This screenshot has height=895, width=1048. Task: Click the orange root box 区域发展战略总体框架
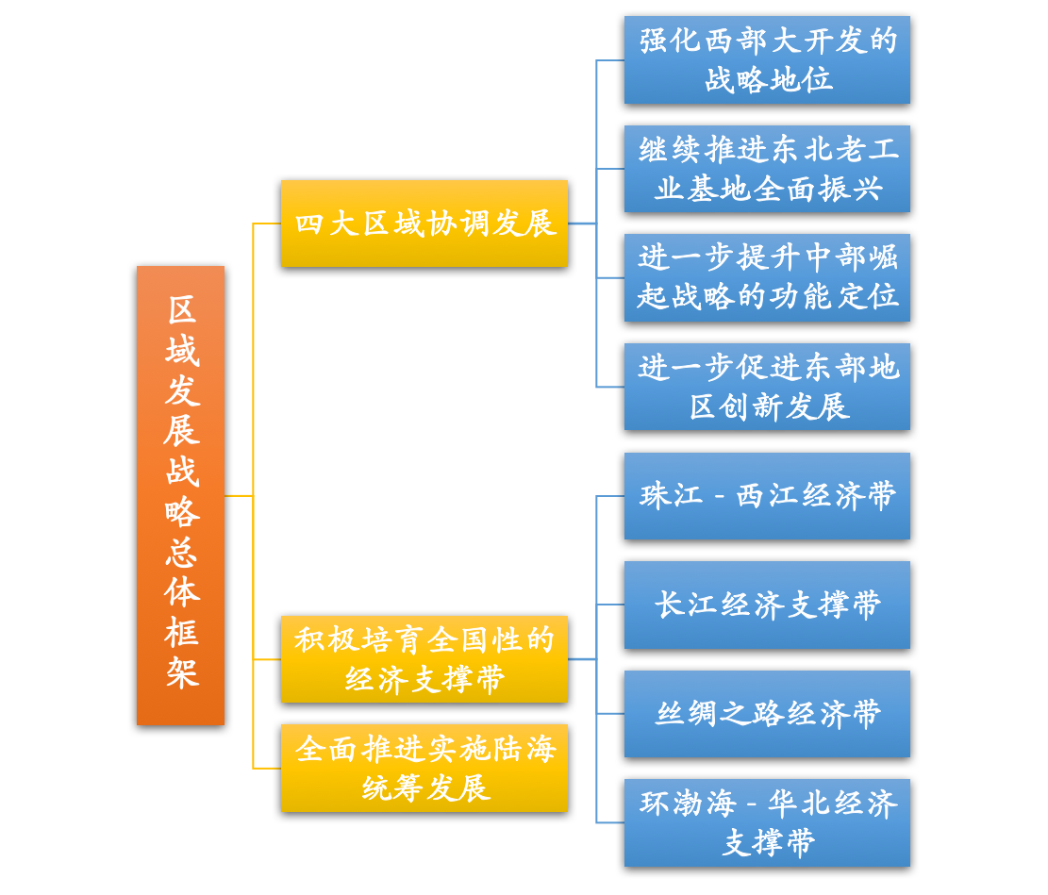point(180,495)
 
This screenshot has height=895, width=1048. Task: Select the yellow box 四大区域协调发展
point(424,224)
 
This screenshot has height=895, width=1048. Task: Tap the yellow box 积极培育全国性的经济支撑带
point(424,659)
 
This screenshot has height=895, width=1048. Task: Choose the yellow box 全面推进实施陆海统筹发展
point(424,768)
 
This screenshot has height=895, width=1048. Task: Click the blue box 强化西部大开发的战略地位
point(767,59)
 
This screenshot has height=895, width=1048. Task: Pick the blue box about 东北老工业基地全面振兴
point(767,169)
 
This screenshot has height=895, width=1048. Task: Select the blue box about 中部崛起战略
point(767,277)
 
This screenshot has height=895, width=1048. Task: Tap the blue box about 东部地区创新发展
point(767,387)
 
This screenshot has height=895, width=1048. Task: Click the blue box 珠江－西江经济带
point(767,496)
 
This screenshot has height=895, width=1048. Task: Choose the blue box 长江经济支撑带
point(767,605)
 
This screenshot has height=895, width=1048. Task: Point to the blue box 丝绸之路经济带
point(767,714)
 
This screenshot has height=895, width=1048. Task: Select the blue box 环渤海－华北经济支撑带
point(767,822)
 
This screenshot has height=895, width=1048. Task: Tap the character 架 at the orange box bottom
point(181,673)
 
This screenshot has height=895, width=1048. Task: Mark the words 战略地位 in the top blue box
point(768,79)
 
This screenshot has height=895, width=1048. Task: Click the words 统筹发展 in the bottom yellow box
point(424,787)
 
